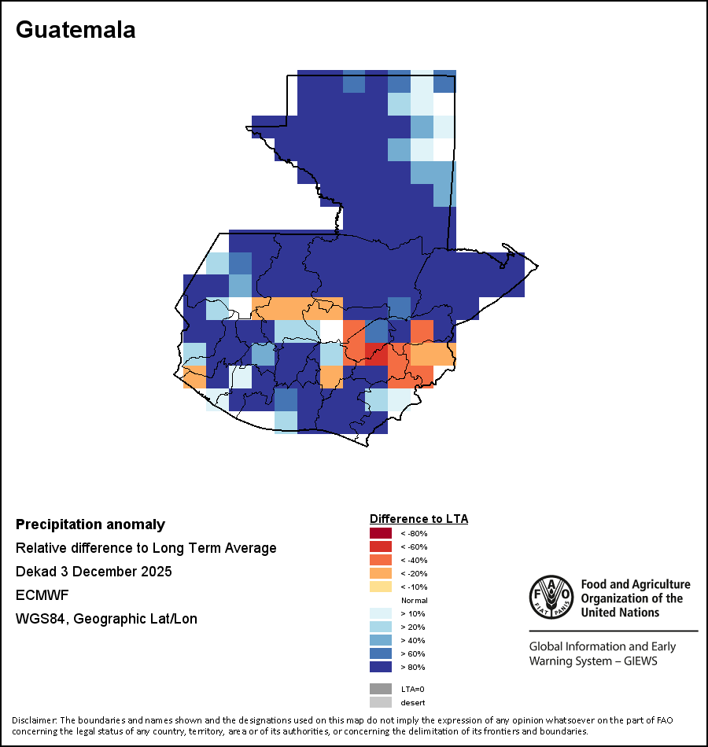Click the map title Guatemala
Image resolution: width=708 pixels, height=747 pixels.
pos(76,30)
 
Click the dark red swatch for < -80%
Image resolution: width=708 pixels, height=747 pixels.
pos(380,534)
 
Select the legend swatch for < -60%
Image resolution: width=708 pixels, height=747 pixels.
pos(380,547)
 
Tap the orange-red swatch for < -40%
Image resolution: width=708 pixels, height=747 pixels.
pos(380,561)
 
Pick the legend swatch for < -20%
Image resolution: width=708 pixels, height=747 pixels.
pos(380,574)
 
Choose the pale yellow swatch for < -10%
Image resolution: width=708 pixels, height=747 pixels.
pos(380,587)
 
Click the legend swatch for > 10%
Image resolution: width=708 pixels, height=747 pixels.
pos(380,614)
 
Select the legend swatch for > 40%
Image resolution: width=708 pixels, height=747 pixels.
pos(380,641)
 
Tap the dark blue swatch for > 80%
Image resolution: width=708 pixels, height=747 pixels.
pos(380,668)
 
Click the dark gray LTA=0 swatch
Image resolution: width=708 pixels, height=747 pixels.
pos(380,689)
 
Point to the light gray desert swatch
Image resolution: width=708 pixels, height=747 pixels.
pos(380,702)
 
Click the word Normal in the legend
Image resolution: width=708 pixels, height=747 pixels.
pos(414,601)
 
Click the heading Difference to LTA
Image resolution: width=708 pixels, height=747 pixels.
pos(419,519)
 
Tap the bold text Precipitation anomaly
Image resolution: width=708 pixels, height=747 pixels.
pos(90,524)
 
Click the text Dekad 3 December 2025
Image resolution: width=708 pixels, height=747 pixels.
pos(94,572)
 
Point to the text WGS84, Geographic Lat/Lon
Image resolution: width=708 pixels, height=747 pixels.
pos(106,619)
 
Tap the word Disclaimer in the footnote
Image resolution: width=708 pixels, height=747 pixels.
pos(34,720)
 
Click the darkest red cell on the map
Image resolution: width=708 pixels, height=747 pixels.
pos(377,355)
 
